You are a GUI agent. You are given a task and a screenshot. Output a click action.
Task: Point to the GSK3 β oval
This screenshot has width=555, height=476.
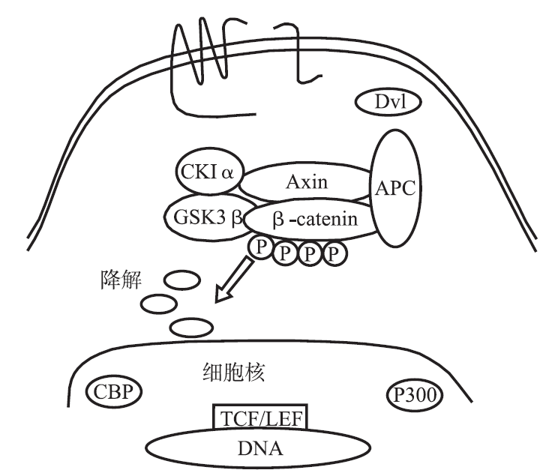click(203, 218)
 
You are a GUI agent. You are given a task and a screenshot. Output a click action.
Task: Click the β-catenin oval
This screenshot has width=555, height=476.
click(309, 220)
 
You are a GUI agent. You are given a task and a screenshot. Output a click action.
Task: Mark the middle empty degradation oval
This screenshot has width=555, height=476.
click(159, 304)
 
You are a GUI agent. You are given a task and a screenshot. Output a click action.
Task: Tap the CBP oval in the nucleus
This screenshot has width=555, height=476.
click(113, 392)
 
